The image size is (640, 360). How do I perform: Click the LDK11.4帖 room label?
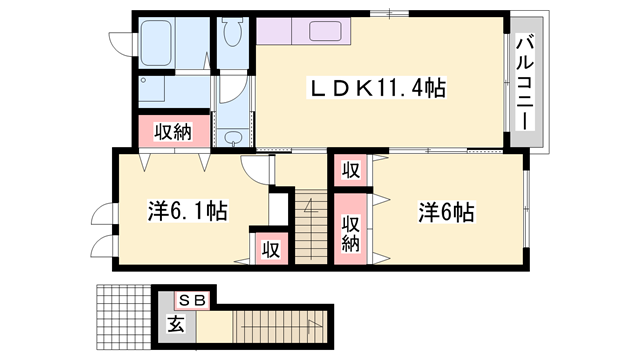[x=377, y=88]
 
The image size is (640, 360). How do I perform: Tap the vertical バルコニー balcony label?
[x=525, y=83]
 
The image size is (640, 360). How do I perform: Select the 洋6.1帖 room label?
[x=187, y=211]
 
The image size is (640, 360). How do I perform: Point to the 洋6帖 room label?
[x=446, y=212]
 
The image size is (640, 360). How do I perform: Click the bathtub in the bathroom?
[x=155, y=42]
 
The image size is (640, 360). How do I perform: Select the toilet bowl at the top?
[x=233, y=31]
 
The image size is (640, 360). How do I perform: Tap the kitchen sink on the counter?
[x=325, y=31]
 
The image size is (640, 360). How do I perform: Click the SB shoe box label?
[x=192, y=301]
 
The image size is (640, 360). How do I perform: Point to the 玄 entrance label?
[x=176, y=324]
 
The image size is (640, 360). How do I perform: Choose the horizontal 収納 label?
[x=173, y=131]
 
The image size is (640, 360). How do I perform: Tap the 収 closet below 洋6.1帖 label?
[x=271, y=249]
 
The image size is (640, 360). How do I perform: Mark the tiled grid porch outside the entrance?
[x=124, y=317]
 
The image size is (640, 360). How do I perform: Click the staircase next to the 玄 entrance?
[x=281, y=327]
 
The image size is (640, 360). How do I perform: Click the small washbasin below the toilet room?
[x=233, y=137]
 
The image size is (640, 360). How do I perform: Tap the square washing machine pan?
[x=152, y=89]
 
